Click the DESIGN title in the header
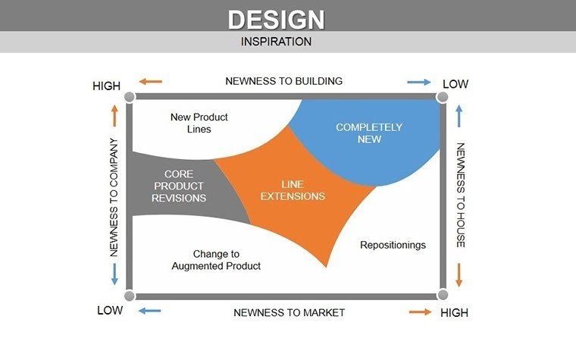[x=276, y=18]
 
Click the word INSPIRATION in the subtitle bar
[x=276, y=42]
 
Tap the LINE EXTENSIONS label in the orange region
[x=293, y=190]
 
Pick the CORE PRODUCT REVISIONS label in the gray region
[x=179, y=186]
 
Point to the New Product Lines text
[x=199, y=124]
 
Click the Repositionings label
[x=393, y=245]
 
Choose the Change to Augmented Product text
[x=216, y=260]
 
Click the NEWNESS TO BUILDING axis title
[x=284, y=81]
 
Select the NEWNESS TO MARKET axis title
[x=289, y=312]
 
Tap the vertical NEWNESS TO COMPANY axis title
[x=114, y=197]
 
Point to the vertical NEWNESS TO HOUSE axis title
[x=460, y=196]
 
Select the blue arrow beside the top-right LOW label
[x=418, y=82]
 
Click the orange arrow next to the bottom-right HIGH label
[x=420, y=311]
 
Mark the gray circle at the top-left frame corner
[x=130, y=97]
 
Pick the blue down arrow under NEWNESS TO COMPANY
[x=114, y=274]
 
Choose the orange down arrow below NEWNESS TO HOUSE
[x=459, y=274]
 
